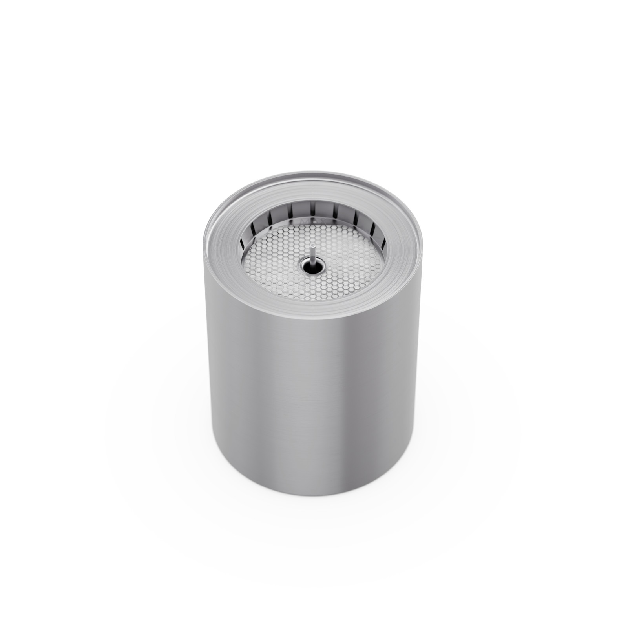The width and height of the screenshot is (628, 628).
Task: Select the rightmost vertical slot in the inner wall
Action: [383, 244]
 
